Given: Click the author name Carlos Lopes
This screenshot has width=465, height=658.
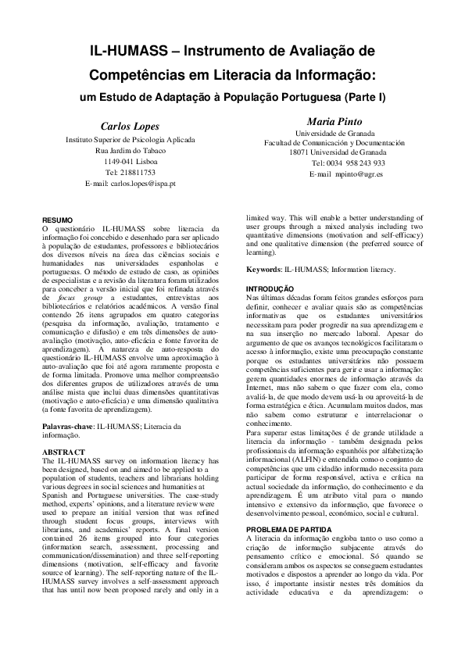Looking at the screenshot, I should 130,126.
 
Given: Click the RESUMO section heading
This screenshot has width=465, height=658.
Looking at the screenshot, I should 56,220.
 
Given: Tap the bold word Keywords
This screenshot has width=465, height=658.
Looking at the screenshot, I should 263,270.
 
